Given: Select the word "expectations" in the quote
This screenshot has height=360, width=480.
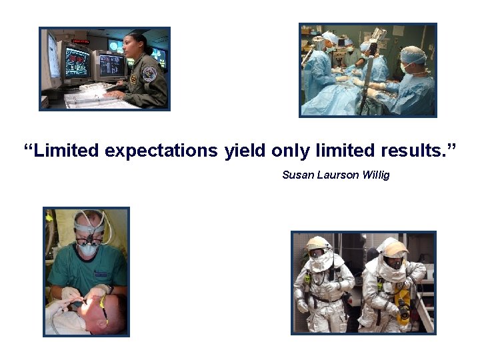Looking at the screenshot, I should click(161, 151).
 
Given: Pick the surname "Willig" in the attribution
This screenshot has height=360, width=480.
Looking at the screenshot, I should click(375, 175).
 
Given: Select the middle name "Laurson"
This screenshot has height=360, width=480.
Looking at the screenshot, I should click(337, 175).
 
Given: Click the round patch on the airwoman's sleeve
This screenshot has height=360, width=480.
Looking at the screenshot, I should click(149, 73).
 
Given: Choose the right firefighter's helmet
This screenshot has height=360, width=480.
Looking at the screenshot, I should click(393, 247).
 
